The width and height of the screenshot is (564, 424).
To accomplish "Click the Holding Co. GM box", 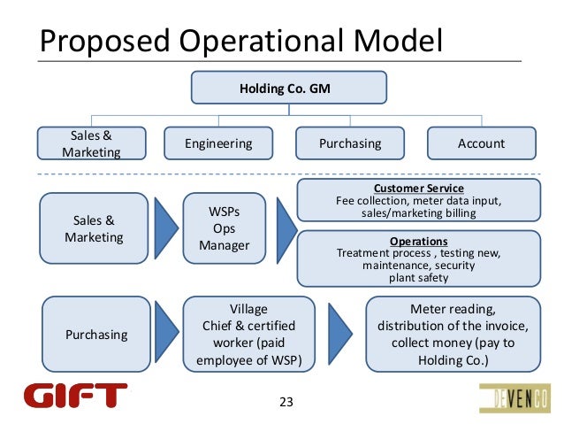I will coord(289,88).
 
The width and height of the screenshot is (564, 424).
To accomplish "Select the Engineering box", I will coord(218,143).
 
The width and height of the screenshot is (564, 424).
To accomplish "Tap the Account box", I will coord(481,143).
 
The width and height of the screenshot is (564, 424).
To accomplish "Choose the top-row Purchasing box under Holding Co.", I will coord(351,143).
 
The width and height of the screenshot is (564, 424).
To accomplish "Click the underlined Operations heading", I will coord(419,241).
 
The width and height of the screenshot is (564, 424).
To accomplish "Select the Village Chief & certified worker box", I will coord(248,335).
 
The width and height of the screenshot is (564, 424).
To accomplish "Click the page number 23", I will coord(285,404).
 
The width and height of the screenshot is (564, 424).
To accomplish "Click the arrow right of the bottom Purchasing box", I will coord(165,335).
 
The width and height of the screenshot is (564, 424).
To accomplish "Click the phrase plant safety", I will coord(418,278).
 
